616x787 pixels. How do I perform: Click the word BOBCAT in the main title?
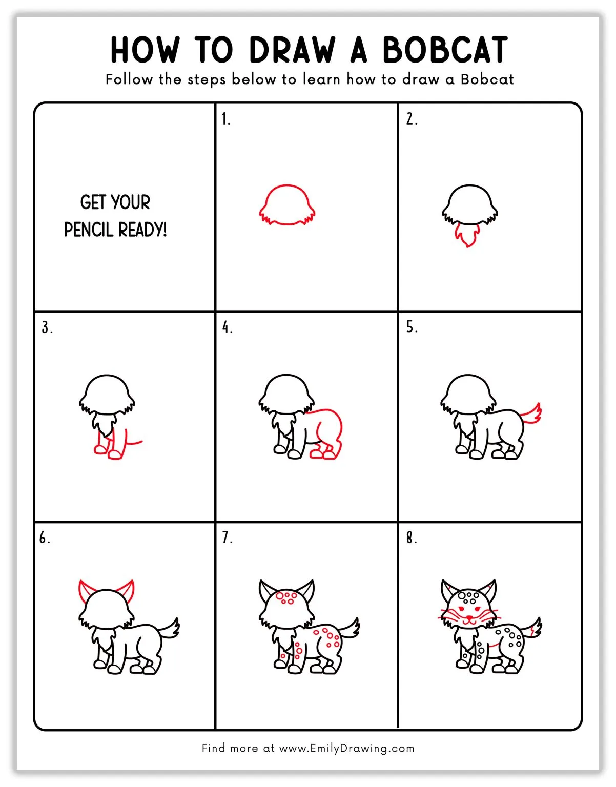[445, 50]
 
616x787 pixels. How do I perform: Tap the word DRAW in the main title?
[292, 50]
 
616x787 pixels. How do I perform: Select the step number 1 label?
[225, 119]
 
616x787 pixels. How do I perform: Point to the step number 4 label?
[227, 327]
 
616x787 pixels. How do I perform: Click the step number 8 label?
[412, 537]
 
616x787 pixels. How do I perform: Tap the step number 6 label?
[45, 537]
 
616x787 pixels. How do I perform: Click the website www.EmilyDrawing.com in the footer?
[346, 748]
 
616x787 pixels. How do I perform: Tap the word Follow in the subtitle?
[129, 79]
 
